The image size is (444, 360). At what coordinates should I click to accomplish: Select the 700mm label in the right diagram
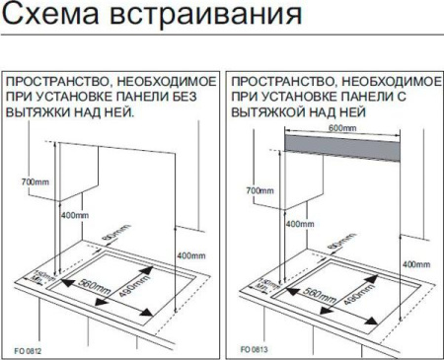click(x=259, y=189)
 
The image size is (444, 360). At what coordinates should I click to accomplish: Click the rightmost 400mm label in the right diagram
click(x=416, y=265)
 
